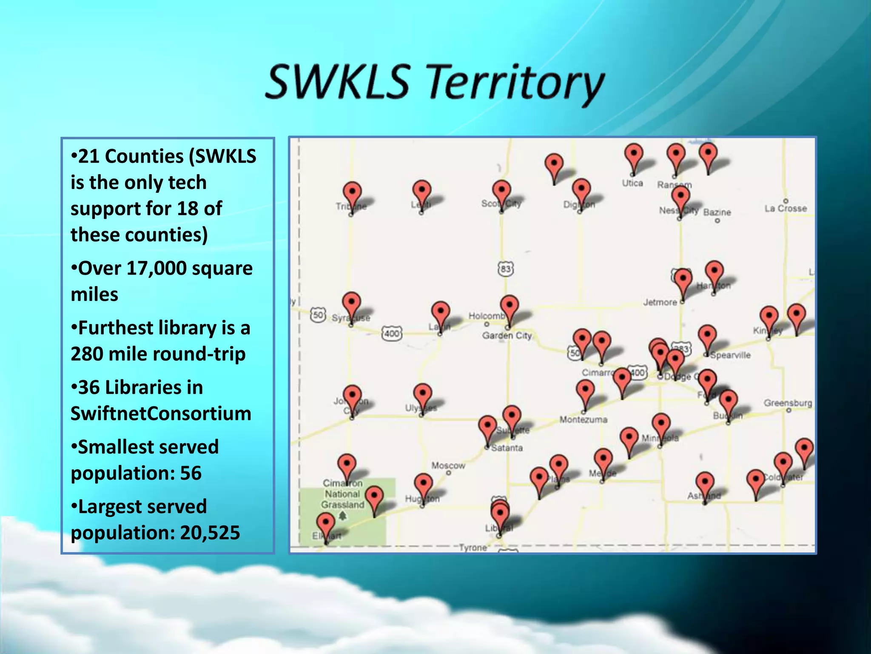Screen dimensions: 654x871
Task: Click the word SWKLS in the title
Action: [337, 81]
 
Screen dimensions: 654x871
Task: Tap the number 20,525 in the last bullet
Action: [210, 533]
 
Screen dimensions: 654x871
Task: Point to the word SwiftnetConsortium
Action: [161, 413]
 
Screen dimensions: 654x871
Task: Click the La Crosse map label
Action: [785, 208]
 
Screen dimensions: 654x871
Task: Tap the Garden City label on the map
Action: [507, 336]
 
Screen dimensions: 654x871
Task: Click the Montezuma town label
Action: [583, 420]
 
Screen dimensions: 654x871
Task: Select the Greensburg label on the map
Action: [788, 403]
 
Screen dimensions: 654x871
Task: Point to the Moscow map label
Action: [448, 465]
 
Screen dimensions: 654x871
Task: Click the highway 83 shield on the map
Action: [505, 269]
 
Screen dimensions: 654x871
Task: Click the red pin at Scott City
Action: [501, 191]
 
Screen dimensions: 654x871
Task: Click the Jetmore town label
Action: [660, 302]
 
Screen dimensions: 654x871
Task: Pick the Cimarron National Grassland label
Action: [342, 494]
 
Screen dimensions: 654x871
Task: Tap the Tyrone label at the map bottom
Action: [473, 548]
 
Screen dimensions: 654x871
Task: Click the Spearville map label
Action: [730, 355]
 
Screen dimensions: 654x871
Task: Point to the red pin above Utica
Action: [633, 154]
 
